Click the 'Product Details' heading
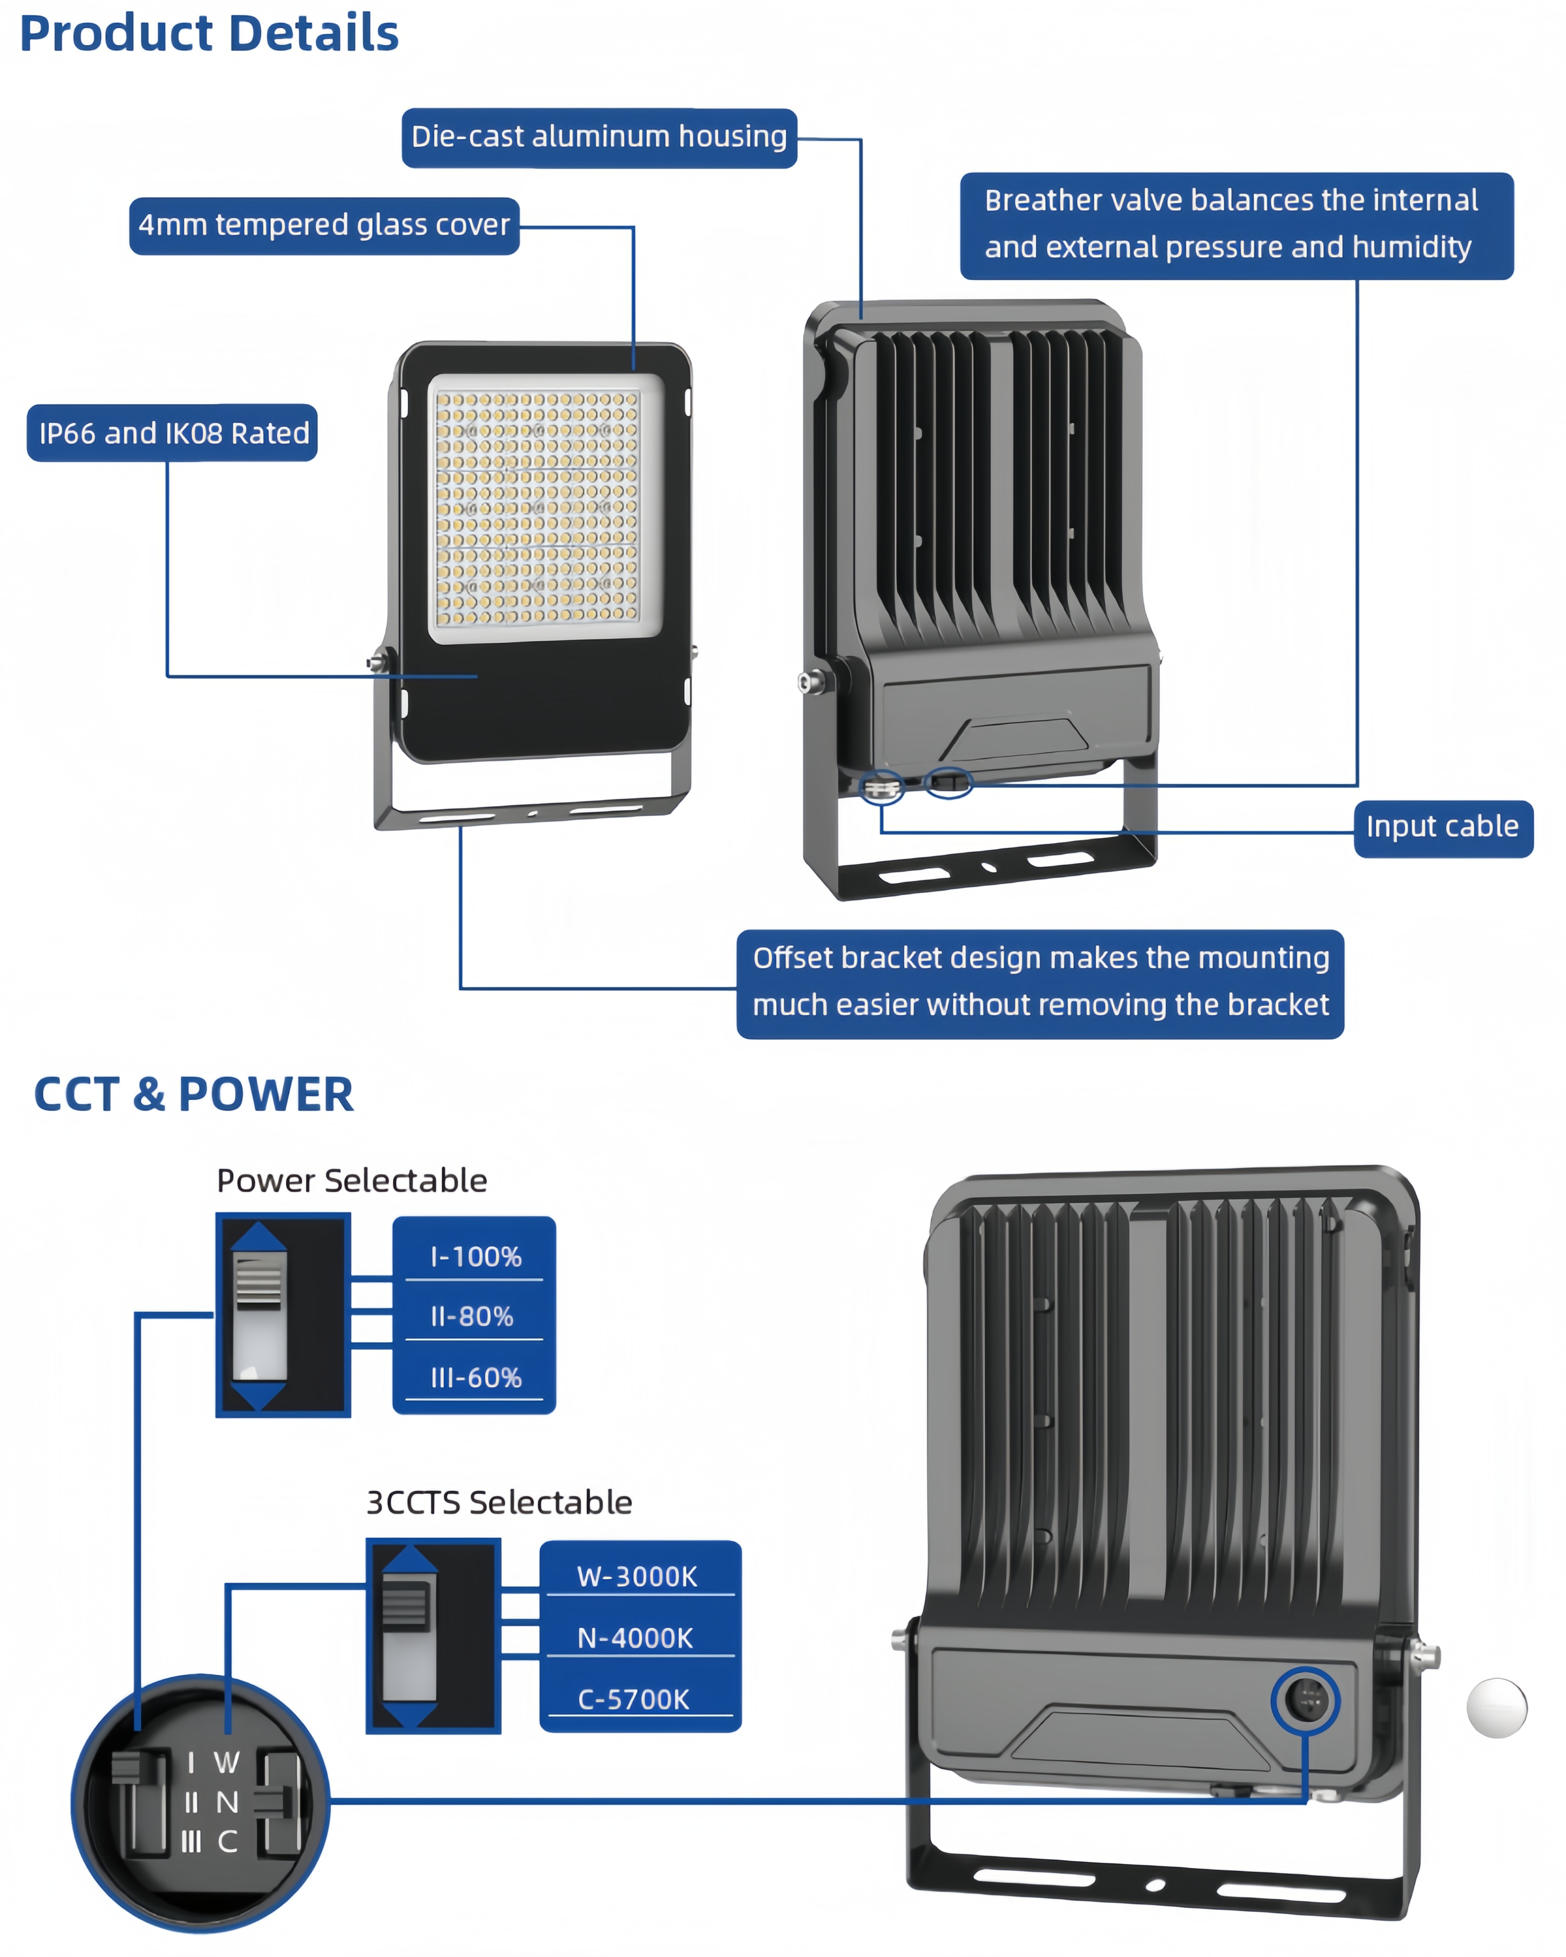[x=209, y=33]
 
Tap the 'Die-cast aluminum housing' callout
[x=599, y=138]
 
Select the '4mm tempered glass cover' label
[x=324, y=226]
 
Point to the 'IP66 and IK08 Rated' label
[x=172, y=433]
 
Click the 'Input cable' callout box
[x=1443, y=829]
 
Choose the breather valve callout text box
[x=1237, y=226]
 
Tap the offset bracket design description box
[x=1041, y=984]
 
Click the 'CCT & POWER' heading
[x=193, y=1094]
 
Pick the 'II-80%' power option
[x=473, y=1316]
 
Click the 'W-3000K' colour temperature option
[x=637, y=1577]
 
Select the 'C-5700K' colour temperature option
[x=634, y=1699]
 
